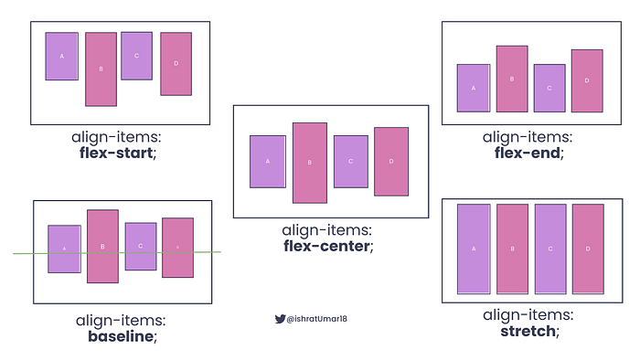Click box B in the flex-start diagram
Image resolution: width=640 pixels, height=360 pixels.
(x=101, y=69)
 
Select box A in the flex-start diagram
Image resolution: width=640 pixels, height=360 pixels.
(x=62, y=56)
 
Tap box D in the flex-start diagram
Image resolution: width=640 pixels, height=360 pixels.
(x=176, y=63)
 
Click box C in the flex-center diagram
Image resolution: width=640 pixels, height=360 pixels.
(x=350, y=162)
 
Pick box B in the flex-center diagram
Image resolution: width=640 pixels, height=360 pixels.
(x=310, y=163)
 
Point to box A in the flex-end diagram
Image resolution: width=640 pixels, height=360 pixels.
(x=474, y=88)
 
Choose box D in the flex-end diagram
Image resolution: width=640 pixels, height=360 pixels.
(x=587, y=80)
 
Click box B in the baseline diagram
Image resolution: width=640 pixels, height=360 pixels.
(x=102, y=246)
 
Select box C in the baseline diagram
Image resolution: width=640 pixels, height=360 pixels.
(x=141, y=246)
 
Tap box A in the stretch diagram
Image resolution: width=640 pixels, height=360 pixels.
(x=474, y=249)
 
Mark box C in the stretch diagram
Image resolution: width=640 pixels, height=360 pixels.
(x=550, y=249)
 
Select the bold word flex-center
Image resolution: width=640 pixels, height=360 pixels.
(x=328, y=246)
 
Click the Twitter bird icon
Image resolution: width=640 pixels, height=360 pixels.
(x=280, y=319)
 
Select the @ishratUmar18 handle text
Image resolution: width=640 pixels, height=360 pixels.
(x=317, y=319)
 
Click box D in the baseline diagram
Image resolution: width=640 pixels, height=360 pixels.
(x=177, y=248)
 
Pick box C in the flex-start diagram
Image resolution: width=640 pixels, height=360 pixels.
(x=136, y=56)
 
